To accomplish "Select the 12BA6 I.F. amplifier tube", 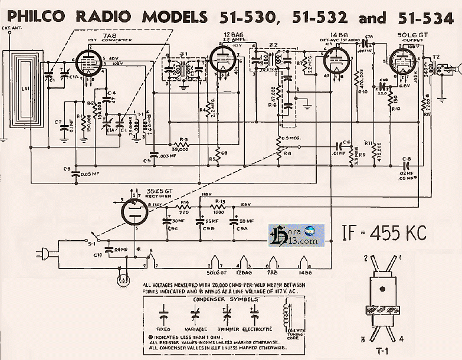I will (x=221, y=60).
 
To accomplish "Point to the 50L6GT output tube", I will (x=403, y=63).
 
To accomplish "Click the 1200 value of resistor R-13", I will (x=220, y=212).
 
